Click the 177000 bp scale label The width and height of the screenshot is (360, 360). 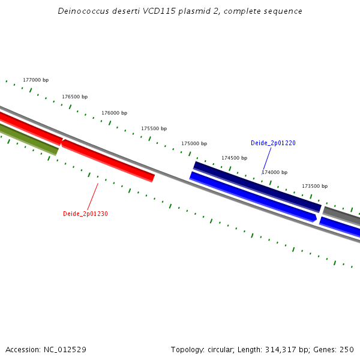35,80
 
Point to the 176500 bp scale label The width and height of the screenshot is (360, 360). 75,97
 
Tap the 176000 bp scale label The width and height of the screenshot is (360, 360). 114,113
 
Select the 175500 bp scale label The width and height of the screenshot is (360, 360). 154,128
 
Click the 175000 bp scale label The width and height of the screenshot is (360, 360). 194,143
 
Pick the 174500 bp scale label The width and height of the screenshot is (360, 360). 234,158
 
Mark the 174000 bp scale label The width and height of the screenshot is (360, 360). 274,172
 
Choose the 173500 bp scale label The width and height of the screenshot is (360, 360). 314,186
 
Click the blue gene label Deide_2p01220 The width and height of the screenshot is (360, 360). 273,143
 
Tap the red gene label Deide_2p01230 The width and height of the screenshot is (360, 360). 85,214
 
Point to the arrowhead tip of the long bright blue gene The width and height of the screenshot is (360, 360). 315,218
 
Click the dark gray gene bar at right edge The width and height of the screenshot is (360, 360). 342,214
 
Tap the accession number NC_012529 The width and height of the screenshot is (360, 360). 65,350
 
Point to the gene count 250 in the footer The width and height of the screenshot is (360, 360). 347,350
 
